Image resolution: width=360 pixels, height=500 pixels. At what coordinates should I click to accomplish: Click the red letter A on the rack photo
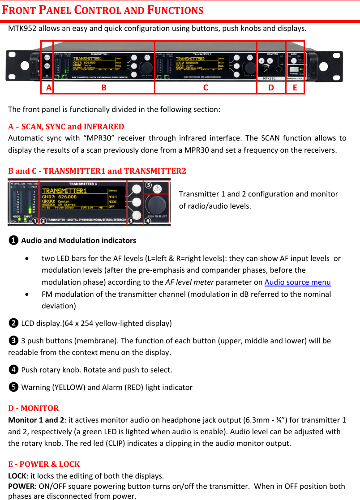point(48,88)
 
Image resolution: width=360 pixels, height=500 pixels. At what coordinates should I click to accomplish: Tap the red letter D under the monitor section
point(271,88)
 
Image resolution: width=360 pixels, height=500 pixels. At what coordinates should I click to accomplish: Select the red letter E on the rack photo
point(295,88)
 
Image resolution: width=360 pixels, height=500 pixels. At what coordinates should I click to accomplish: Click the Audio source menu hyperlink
point(297,282)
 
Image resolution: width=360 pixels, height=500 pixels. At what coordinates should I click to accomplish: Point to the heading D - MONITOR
point(34,408)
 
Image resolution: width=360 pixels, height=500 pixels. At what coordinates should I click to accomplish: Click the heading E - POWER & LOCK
point(44,464)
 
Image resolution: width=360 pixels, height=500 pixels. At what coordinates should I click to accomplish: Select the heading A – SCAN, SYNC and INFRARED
point(66,126)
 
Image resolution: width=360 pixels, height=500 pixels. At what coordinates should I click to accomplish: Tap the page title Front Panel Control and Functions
point(103,10)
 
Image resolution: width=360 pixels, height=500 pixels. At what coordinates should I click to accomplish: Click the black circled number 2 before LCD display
point(14,323)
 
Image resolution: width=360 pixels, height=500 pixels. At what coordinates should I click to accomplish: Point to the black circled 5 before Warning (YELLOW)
point(14,387)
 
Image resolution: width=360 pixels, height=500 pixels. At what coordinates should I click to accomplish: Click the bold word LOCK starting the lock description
point(17,475)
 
